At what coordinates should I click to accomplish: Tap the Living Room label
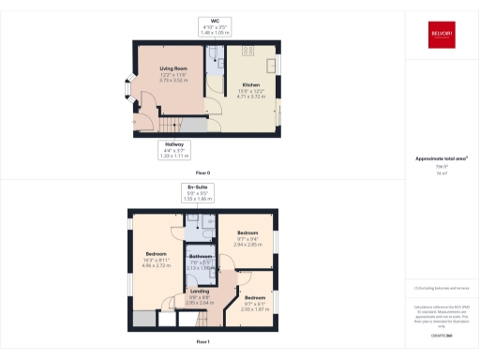[173, 74]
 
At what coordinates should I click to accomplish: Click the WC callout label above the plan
[215, 25]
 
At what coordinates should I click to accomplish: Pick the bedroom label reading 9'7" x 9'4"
[247, 237]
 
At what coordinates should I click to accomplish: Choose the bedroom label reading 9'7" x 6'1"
[255, 302]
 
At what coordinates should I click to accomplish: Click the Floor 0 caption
[202, 173]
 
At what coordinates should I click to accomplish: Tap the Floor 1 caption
[202, 342]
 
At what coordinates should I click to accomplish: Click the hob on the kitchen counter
[250, 51]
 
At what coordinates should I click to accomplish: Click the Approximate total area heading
[441, 158]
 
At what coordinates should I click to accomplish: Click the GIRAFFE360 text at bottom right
[440, 335]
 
